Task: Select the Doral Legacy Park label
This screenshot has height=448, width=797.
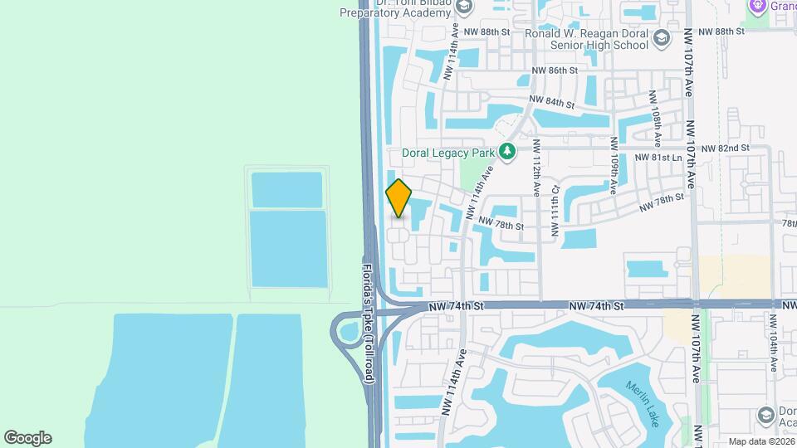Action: tap(448, 153)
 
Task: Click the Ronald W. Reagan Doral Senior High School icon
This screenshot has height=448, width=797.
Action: tap(661, 38)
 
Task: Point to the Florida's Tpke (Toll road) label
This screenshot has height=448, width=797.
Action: tap(369, 324)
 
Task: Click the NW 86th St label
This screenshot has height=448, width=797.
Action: tap(555, 71)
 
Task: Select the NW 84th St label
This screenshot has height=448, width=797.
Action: tap(552, 102)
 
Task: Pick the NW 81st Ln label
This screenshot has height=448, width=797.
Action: tap(658, 157)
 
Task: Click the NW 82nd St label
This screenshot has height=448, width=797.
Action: tap(725, 148)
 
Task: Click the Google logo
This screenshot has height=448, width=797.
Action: tap(27, 437)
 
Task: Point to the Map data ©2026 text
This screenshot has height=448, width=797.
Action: tap(760, 441)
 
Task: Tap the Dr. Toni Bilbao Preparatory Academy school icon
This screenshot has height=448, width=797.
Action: tap(463, 7)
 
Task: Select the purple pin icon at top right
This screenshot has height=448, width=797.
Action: tap(756, 6)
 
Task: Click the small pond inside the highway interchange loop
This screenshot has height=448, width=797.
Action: tap(348, 334)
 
